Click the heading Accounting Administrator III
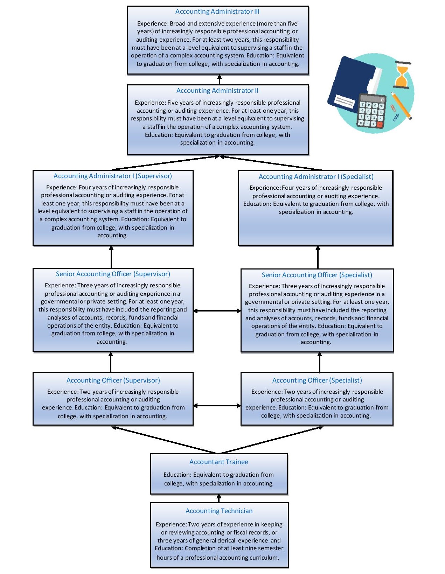point(217,12)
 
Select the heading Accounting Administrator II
point(217,91)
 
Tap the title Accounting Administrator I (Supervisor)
point(113,176)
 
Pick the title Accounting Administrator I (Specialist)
point(316,177)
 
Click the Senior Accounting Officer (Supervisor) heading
point(113,274)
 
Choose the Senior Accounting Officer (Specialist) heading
point(317,275)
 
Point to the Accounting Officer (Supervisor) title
point(113,380)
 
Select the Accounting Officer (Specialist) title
point(317,380)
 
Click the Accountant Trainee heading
point(219,462)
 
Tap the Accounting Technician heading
point(219,511)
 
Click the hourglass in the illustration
point(402,75)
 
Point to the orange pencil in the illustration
point(401,105)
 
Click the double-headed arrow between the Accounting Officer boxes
point(217,406)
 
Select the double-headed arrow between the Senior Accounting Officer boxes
point(217,311)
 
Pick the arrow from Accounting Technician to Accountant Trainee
point(219,498)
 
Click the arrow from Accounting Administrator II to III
point(220,79)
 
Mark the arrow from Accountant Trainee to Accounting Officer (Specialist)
point(271,440)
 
